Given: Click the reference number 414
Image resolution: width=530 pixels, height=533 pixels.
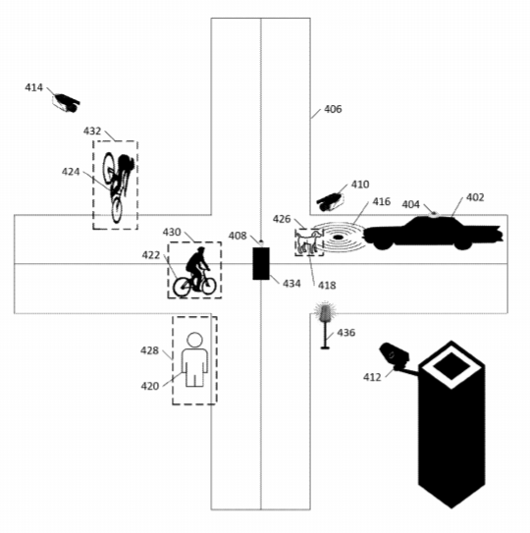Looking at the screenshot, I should click(33, 88).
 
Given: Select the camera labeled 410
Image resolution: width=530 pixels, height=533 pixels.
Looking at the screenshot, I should click(330, 200).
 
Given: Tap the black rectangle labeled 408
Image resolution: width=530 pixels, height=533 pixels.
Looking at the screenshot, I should click(261, 263).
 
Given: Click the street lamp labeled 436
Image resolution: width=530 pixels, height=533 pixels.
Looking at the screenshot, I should click(325, 324).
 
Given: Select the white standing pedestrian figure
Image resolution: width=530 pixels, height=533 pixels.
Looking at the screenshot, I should click(194, 361).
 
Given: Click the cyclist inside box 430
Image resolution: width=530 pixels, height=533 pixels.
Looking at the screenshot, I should click(194, 271).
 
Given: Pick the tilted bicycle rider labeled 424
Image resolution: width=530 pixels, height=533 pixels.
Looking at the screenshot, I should click(118, 184).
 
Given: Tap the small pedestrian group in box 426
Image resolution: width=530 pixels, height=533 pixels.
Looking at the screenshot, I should click(309, 241).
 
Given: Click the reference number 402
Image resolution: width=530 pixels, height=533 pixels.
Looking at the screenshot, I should click(474, 197).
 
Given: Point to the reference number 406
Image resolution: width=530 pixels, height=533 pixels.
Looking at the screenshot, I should click(333, 109).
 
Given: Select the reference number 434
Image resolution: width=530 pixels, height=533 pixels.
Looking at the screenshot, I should click(291, 284).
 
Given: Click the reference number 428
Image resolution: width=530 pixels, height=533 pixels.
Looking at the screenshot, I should click(149, 350).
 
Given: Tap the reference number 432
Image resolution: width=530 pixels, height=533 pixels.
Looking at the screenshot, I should click(91, 131).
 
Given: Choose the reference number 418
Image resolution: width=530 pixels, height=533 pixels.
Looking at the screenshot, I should click(325, 284).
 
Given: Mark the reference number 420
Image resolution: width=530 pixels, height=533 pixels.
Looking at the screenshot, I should click(149, 386).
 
